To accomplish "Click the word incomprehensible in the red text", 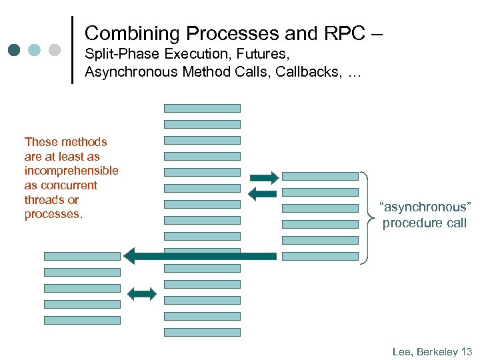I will tap(71, 171).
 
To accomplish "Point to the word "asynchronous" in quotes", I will tap(425, 207).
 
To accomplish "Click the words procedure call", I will tap(425, 223).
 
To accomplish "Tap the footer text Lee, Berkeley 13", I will tap(432, 351).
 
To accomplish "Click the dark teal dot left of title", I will tap(15, 50).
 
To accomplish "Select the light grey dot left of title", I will tap(55, 50).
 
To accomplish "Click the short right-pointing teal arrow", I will tap(264, 177).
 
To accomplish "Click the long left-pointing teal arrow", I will tap(200, 256).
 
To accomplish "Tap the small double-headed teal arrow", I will tap(141, 293).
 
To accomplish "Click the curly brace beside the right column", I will tap(368, 217).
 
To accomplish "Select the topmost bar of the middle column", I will tap(202, 108).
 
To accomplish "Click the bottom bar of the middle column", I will tap(202, 332).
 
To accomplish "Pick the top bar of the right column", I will tap(320, 177).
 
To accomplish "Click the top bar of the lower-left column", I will tap(82, 256).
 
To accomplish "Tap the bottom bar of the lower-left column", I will tap(82, 320).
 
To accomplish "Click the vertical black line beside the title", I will tap(72, 50).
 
